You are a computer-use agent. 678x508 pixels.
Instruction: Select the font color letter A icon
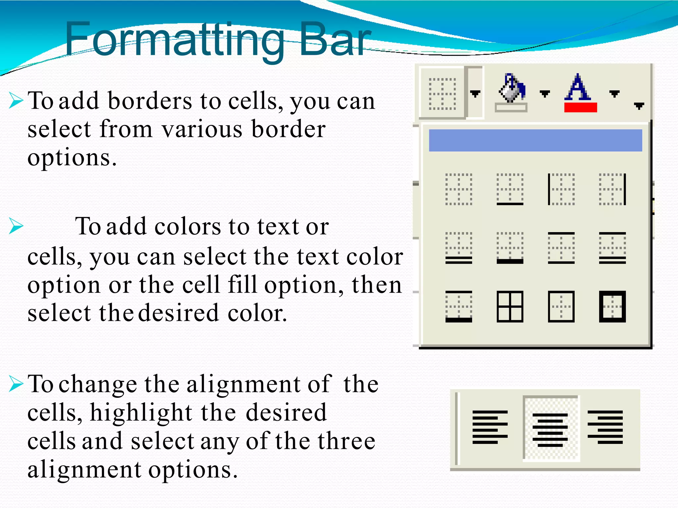578,87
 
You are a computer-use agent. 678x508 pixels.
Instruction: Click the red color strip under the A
580,107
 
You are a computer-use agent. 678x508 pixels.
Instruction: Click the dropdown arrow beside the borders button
475,94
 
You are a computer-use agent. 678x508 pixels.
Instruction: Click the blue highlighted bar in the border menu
535,141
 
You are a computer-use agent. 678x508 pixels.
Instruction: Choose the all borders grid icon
510,307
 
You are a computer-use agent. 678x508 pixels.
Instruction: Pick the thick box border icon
612,307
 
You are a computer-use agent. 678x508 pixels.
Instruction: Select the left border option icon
561,189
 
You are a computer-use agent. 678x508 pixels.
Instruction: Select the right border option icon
612,189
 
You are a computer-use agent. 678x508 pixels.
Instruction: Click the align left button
490,427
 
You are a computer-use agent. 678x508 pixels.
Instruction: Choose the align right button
605,427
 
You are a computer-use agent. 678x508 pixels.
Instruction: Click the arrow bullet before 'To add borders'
16,101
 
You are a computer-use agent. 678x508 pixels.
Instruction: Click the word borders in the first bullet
150,101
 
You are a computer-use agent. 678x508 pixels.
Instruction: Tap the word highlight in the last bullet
141,413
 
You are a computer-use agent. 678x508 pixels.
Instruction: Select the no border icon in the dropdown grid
459,189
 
